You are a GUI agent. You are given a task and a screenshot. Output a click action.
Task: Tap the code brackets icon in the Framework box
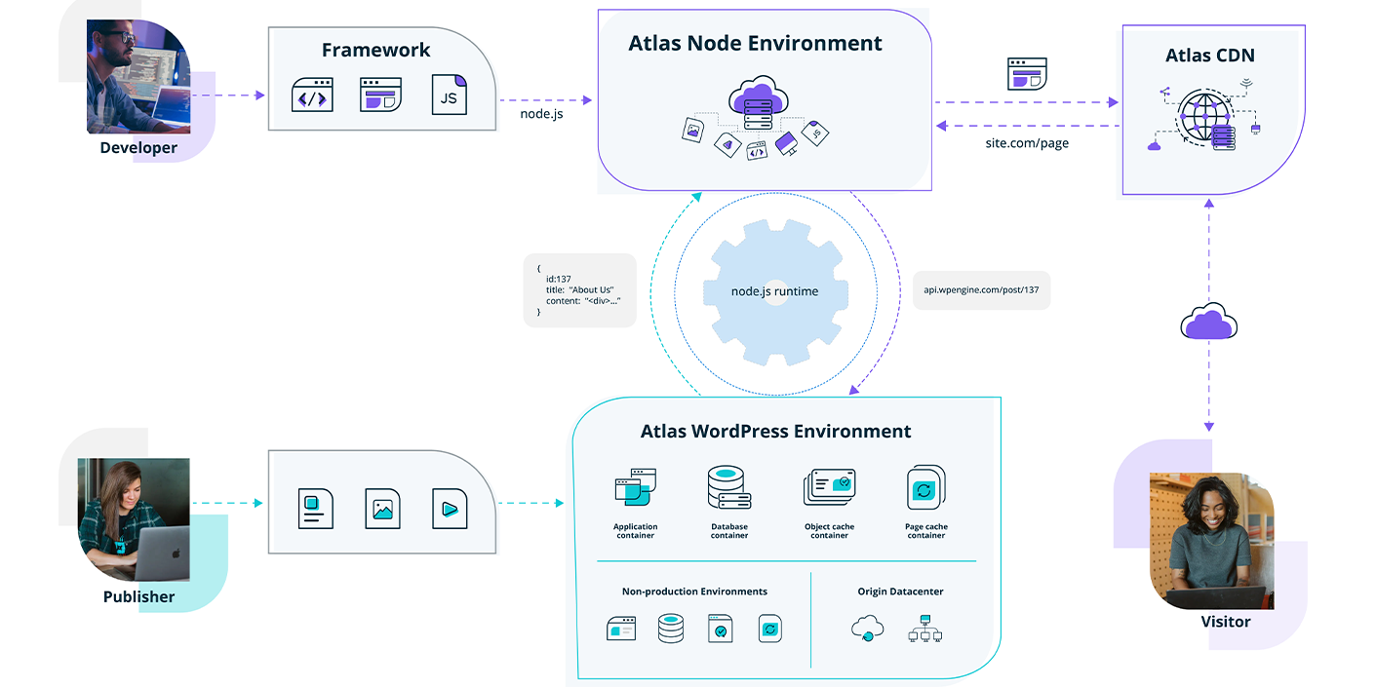[x=312, y=95]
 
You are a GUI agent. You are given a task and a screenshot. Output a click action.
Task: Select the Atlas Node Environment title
[x=755, y=44]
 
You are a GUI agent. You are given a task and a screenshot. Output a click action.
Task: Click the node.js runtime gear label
[x=774, y=291]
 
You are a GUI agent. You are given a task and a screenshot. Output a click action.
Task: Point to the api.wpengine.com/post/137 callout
[x=981, y=290]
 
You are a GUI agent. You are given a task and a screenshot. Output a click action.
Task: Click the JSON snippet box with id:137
[x=579, y=290]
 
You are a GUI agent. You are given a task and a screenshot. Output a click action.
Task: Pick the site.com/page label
[x=1027, y=143]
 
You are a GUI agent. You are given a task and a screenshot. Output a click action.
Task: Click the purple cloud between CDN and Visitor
[x=1208, y=323]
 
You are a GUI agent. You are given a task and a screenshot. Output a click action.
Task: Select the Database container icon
[x=728, y=488]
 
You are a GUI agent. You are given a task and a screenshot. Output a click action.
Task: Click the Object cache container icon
[x=829, y=487]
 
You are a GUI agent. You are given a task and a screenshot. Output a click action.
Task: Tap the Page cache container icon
[x=925, y=487]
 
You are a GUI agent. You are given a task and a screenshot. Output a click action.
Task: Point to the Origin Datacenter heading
[x=900, y=592]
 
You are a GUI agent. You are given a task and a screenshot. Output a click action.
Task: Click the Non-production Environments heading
[x=694, y=592]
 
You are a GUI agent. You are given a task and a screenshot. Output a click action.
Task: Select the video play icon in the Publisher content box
[x=450, y=508]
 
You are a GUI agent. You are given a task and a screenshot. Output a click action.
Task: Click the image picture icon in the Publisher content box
[x=382, y=508]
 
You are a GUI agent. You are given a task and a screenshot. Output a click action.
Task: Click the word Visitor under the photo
[x=1225, y=622]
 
